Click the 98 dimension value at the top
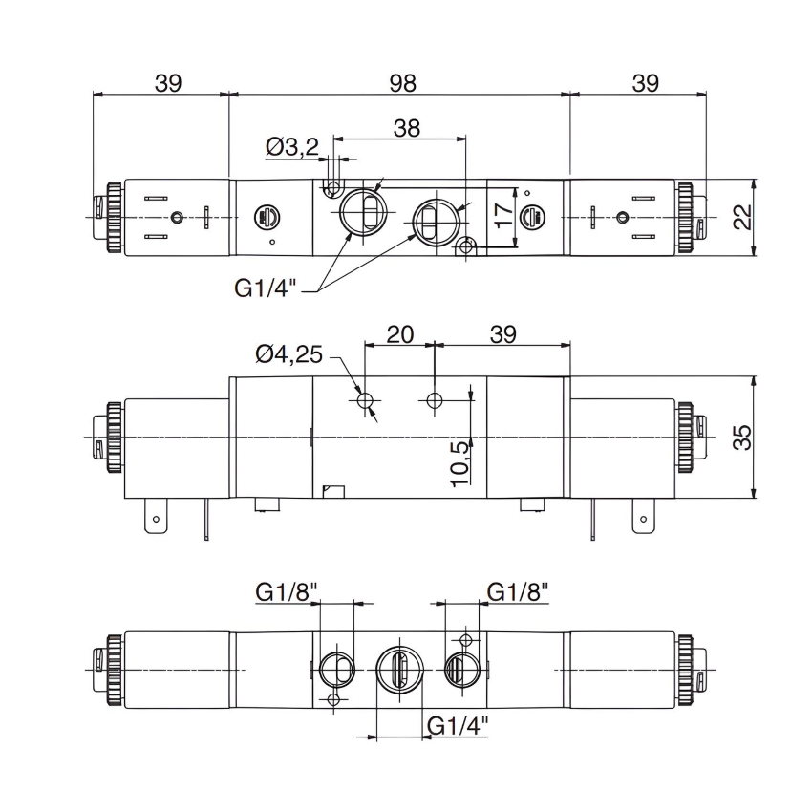[403, 83]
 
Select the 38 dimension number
[407, 129]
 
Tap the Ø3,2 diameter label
[293, 148]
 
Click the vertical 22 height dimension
[741, 218]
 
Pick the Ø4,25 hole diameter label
[291, 355]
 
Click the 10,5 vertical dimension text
[459, 461]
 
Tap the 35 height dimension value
[741, 437]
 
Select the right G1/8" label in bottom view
[519, 591]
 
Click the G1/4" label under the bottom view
[457, 725]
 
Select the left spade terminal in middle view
[152, 521]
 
